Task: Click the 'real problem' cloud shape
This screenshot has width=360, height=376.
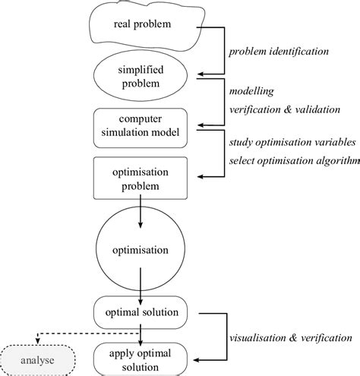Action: point(142,26)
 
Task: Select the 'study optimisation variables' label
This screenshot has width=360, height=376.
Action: point(292,142)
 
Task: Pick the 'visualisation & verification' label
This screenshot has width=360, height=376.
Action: point(291,336)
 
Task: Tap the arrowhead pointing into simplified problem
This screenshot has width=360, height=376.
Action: point(202,76)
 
